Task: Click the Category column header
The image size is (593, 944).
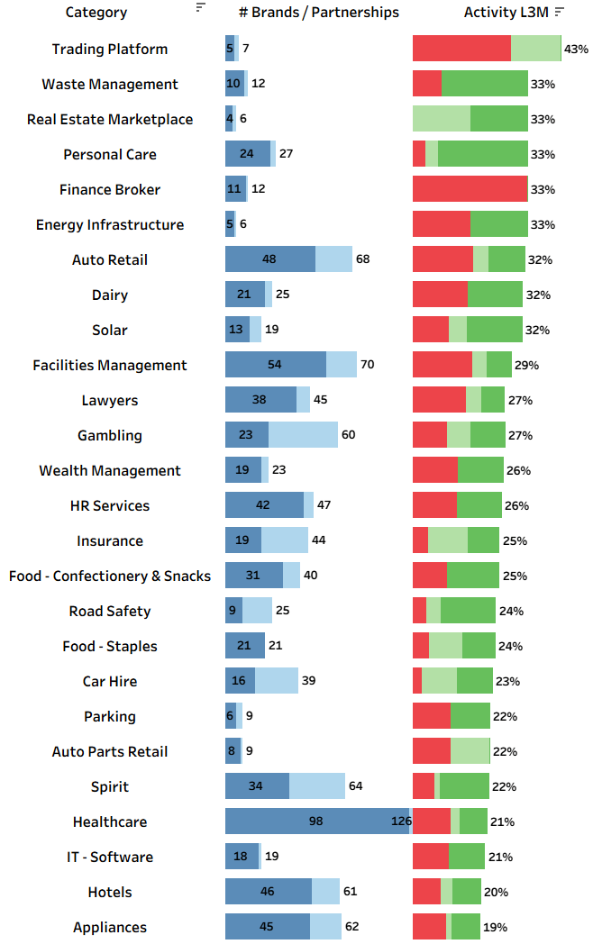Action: pyautogui.click(x=96, y=13)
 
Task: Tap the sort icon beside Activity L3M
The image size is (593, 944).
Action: pyautogui.click(x=560, y=12)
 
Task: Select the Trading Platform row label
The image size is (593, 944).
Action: pyautogui.click(x=110, y=49)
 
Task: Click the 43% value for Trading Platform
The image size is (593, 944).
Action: pyautogui.click(x=576, y=49)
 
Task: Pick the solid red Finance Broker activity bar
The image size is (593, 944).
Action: pyautogui.click(x=470, y=189)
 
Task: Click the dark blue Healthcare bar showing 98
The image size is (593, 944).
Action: pyautogui.click(x=315, y=821)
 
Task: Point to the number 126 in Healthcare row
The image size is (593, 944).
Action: pyautogui.click(x=399, y=821)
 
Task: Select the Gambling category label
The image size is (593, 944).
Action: pyautogui.click(x=110, y=435)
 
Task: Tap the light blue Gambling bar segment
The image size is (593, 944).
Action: pyautogui.click(x=303, y=435)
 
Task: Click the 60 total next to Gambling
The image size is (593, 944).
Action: pyautogui.click(x=348, y=435)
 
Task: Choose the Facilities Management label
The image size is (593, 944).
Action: pyautogui.click(x=110, y=365)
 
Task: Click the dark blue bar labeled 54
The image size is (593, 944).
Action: pyautogui.click(x=275, y=365)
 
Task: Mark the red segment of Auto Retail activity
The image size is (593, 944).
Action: pyautogui.click(x=442, y=259)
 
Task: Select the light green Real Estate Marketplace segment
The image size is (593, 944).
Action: pyautogui.click(x=442, y=119)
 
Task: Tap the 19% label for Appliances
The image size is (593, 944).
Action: pyautogui.click(x=495, y=927)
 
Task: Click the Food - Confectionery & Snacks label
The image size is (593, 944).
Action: pyautogui.click(x=110, y=576)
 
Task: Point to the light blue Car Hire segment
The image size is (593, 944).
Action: pyautogui.click(x=277, y=681)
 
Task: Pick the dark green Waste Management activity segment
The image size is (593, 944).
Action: pyautogui.click(x=485, y=84)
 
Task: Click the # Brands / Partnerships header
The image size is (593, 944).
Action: pyautogui.click(x=319, y=13)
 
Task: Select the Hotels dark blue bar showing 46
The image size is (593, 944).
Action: pyautogui.click(x=268, y=892)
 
